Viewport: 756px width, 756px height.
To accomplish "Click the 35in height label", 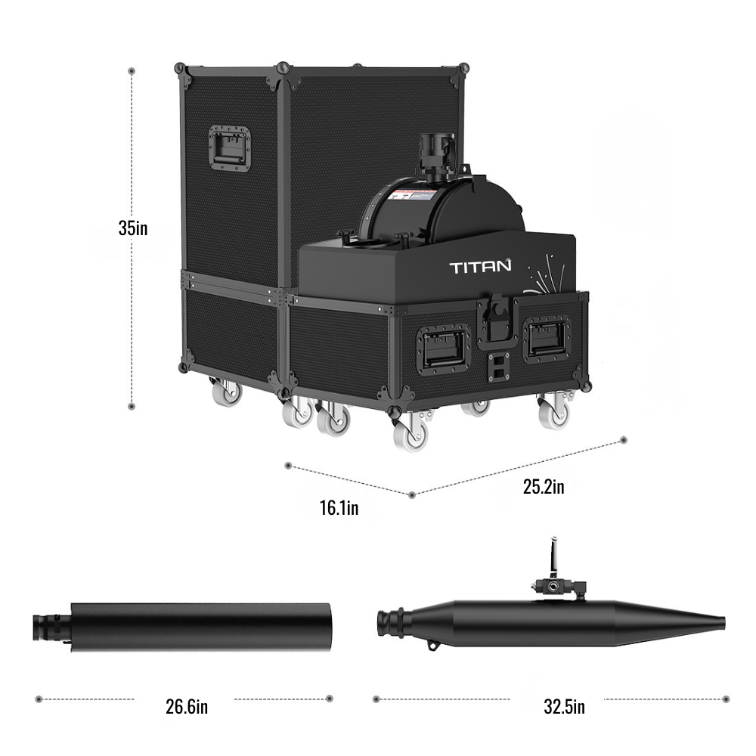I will (132, 228).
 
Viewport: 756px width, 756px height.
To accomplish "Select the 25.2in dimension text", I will (544, 486).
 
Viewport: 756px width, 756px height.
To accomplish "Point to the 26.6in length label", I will (186, 707).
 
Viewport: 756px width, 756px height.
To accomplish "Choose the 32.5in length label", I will (564, 707).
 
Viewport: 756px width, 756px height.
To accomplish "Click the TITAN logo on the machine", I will (480, 266).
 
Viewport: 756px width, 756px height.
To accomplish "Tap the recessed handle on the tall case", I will (229, 147).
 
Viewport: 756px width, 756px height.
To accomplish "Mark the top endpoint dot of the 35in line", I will (132, 71).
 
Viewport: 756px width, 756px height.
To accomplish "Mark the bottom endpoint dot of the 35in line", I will (132, 407).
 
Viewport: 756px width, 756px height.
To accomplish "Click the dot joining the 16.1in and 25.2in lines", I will (411, 495).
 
